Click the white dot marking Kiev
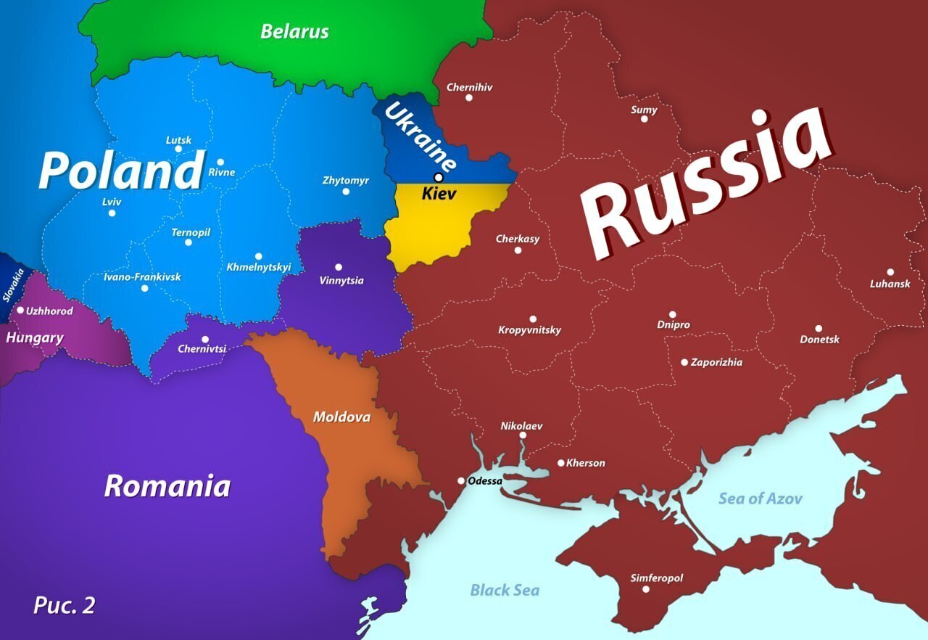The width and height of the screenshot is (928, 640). pos(438,178)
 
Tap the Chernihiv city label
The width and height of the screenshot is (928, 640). pos(469,87)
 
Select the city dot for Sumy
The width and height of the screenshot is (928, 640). pos(644,118)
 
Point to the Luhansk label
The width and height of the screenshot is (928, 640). pos(890,284)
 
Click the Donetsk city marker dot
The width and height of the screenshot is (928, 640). pos(819,329)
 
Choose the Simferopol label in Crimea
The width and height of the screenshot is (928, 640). pos(656,578)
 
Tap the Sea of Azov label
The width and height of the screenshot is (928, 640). pos(760,499)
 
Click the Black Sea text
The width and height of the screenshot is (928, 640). pos(505,590)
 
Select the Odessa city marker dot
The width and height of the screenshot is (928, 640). pos(461,480)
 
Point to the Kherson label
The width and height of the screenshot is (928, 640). pos(585,463)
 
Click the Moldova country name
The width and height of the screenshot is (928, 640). pos(341,417)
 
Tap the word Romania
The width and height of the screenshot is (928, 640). pos(167,486)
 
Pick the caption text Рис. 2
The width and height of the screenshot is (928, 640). pos(64,605)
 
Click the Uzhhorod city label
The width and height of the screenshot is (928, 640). pos(49,311)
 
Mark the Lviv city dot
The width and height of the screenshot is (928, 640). pos(112,213)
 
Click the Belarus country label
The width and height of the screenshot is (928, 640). pos(294,32)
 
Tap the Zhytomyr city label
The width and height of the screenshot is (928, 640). pos(346,180)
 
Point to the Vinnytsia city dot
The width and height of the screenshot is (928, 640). pos(339,267)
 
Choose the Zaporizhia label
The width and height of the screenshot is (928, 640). pos(716,362)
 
